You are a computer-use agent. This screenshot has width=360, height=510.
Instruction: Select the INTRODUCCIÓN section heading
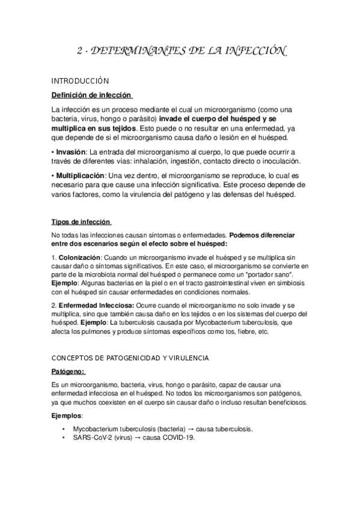pyautogui.click(x=79, y=80)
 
